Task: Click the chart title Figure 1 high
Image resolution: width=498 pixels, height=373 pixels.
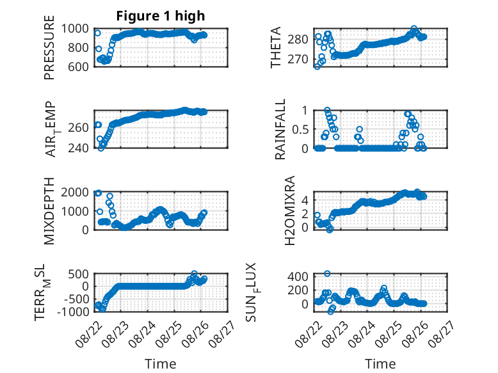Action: [161, 16]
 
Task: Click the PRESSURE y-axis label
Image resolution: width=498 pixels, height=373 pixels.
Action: [49, 47]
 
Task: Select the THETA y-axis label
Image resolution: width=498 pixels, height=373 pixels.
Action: [276, 47]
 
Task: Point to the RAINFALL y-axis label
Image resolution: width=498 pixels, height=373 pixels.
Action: [280, 129]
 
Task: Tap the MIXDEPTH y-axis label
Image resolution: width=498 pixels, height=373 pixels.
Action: [49, 211]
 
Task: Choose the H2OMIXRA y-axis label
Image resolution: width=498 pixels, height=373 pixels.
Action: [290, 210]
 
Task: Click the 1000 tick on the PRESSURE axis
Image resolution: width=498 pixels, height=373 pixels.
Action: [75, 29]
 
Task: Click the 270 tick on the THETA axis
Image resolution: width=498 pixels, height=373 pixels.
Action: [298, 59]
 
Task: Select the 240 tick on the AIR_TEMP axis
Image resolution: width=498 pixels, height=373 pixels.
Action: [79, 148]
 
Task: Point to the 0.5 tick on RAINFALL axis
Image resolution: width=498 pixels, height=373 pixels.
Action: [300, 129]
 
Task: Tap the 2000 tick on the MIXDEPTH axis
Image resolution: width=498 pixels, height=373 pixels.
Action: [75, 192]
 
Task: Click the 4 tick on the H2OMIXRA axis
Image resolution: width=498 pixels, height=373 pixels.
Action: [305, 200]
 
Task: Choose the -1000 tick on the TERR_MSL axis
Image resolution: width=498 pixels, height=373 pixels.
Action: [73, 312]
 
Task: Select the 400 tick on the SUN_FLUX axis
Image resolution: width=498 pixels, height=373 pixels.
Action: [298, 276]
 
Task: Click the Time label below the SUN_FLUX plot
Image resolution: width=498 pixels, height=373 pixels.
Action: [380, 363]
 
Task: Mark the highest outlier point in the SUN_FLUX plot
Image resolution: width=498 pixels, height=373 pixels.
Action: [327, 273]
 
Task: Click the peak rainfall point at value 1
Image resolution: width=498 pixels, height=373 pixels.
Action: [327, 110]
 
